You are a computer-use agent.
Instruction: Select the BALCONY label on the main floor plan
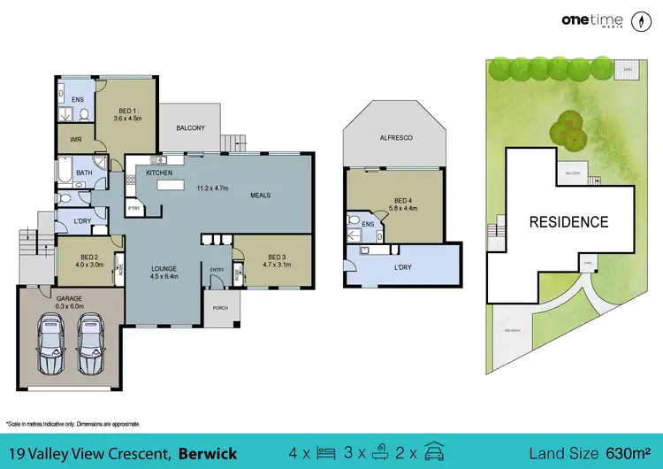pyautogui.click(x=190, y=127)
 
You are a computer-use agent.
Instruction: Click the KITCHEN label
pyautogui.click(x=158, y=173)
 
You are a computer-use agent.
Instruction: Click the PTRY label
pyautogui.click(x=134, y=209)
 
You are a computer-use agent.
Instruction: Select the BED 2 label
pyautogui.click(x=89, y=256)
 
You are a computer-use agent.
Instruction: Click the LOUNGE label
pyautogui.click(x=164, y=268)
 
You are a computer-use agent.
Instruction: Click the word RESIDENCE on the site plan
pyautogui.click(x=568, y=222)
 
